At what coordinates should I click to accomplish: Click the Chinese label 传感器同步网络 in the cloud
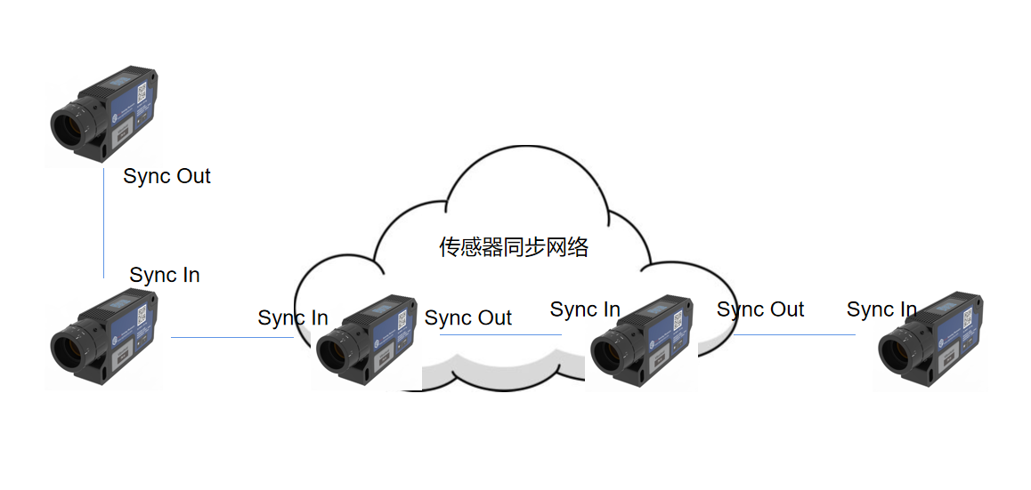tap(514, 247)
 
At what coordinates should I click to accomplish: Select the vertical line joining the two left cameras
tap(104, 222)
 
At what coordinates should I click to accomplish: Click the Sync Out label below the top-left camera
tap(167, 176)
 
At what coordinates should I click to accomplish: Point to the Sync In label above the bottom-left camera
tap(165, 275)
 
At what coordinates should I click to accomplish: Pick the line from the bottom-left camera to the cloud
tap(232, 338)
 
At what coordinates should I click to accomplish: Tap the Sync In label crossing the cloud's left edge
tap(293, 317)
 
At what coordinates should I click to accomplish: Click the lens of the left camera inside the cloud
tap(333, 355)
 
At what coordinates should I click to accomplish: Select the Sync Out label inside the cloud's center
tap(468, 317)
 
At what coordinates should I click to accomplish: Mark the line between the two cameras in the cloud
tap(500, 335)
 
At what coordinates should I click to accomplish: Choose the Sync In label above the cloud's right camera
tap(585, 309)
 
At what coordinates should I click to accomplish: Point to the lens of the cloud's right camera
tap(607, 355)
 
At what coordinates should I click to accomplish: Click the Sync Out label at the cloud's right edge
tap(760, 309)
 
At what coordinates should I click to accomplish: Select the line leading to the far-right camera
tap(794, 335)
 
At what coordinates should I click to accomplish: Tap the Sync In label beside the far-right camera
tap(881, 309)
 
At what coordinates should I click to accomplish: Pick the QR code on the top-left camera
tap(142, 92)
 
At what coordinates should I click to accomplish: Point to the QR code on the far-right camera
tap(968, 319)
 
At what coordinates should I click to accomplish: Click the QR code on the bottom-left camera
tap(142, 315)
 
